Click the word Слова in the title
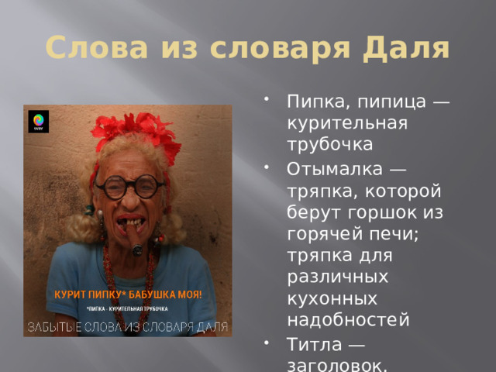click(x=84, y=48)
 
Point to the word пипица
click(x=378, y=102)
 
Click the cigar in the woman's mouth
click(x=136, y=231)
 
